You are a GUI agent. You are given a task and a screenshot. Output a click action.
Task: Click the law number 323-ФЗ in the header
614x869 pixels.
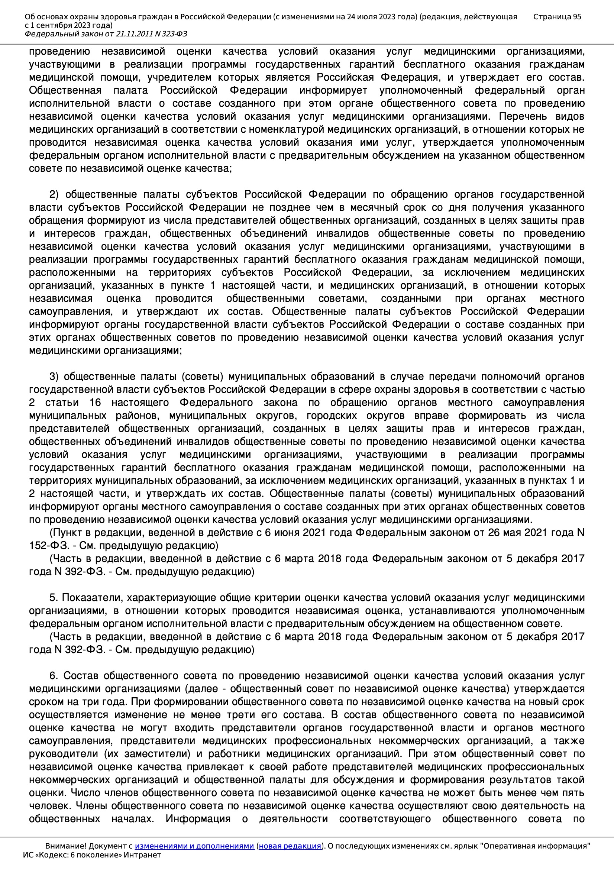[x=173, y=34]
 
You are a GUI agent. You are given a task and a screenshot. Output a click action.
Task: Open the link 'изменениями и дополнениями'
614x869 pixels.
[x=194, y=846]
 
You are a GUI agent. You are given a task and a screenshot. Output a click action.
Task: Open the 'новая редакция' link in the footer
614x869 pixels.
[x=290, y=846]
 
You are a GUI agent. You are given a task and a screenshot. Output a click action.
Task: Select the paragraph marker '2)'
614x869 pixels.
[x=54, y=194]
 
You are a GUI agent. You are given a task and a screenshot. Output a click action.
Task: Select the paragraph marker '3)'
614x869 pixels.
[x=54, y=377]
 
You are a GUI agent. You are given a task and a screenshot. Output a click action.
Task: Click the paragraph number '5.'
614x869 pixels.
[x=54, y=598]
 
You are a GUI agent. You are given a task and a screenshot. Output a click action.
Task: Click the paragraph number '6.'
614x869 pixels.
[x=54, y=676]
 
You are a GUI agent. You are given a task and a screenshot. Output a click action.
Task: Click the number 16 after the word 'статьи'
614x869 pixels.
[x=96, y=402]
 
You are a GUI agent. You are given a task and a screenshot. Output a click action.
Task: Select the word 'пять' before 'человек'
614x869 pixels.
[x=574, y=792]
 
